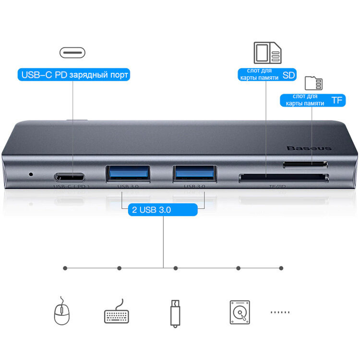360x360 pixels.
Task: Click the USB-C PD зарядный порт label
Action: [x=74, y=75]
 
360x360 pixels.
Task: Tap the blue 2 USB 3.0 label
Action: [x=163, y=210]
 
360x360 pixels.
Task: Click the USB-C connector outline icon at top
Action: [x=72, y=52]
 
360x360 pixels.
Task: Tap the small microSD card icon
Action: [x=314, y=83]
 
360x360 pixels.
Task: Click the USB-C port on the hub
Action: [x=72, y=176]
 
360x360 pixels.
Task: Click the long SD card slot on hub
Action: [x=283, y=179]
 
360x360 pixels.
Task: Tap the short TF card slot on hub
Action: [x=305, y=164]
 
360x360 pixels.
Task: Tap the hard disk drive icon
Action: [x=239, y=312]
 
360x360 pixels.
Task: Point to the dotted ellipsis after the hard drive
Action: [x=280, y=312]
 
